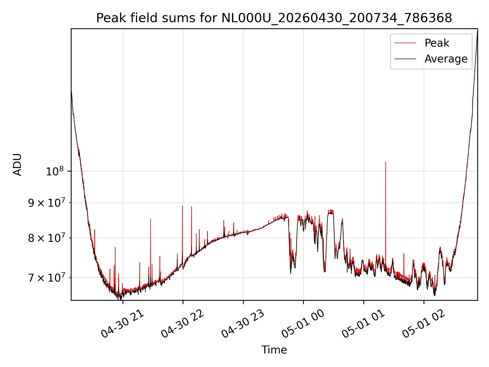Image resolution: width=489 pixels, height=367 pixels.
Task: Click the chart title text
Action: point(274,18)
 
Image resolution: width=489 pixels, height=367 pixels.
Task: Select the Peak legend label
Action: point(437,43)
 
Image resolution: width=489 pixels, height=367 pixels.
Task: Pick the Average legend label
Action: point(446,59)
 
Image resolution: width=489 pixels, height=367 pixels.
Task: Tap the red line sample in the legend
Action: point(405,43)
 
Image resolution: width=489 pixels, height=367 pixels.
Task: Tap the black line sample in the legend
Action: point(405,59)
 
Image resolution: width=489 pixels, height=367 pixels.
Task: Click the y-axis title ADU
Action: point(17,165)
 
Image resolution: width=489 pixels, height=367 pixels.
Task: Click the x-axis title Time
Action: point(274,350)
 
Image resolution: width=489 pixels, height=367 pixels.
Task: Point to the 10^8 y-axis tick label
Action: point(55,171)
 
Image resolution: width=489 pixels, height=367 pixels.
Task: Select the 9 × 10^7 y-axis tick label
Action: point(46,203)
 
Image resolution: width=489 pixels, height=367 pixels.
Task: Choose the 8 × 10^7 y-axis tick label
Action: point(46,238)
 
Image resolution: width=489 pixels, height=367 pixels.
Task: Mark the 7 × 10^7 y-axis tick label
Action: point(46,278)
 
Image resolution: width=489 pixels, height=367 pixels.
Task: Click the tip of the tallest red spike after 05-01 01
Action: point(386,162)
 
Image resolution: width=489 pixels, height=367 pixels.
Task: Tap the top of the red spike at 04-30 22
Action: point(182,206)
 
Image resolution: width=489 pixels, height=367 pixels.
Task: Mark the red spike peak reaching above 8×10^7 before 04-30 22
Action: point(151,219)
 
